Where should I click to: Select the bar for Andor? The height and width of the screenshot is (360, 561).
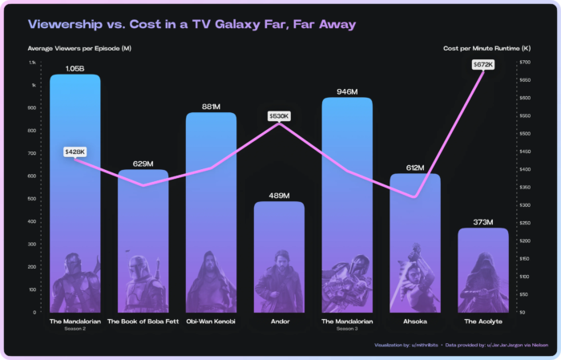279,257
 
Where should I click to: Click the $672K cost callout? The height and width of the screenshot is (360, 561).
483,64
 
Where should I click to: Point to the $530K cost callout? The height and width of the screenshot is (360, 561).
279,116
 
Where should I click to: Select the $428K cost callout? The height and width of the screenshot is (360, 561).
75,152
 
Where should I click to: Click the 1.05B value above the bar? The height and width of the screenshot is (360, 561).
75,69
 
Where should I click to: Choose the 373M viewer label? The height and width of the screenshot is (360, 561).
482,222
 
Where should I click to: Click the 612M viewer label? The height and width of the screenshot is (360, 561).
414,168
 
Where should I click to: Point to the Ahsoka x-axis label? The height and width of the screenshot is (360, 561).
414,321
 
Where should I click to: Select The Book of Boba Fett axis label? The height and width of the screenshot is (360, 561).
143,321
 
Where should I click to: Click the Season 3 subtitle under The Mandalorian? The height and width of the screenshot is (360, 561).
346,329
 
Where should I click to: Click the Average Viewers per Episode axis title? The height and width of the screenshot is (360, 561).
79,49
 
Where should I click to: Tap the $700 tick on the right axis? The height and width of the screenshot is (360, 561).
525,63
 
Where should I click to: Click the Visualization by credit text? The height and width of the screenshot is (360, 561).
405,346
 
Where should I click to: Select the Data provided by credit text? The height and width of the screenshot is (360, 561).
488,346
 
